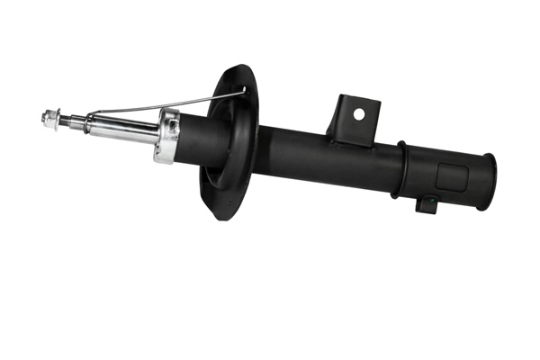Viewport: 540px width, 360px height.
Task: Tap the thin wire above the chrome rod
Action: [162, 104]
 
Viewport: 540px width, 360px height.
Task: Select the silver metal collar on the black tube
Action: [167, 136]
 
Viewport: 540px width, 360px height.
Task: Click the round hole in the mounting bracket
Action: [358, 114]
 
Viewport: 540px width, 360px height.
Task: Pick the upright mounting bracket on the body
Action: [353, 120]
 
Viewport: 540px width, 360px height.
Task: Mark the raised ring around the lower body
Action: [401, 169]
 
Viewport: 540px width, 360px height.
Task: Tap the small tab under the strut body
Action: [427, 204]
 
